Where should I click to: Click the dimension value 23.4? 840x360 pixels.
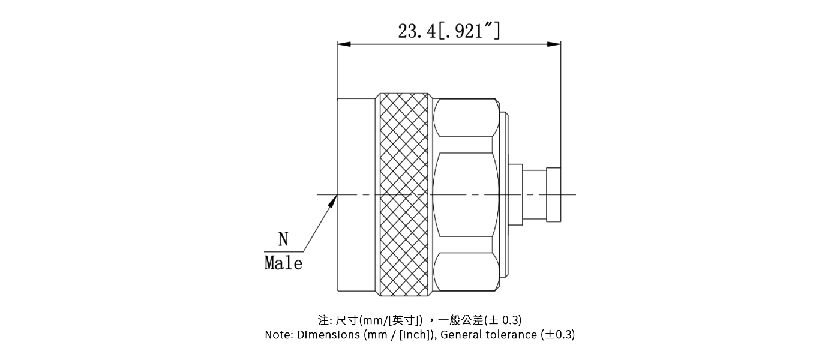(x=418, y=31)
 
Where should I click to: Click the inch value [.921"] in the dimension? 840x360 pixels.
(x=470, y=31)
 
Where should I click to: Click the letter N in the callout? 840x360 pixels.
(x=283, y=240)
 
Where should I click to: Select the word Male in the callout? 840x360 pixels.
(x=283, y=263)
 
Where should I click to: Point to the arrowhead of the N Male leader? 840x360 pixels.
(x=332, y=202)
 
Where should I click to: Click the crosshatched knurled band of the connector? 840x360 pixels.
(x=403, y=194)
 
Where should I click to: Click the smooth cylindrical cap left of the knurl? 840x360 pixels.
(x=356, y=194)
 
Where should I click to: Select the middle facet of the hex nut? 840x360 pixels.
(x=465, y=194)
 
